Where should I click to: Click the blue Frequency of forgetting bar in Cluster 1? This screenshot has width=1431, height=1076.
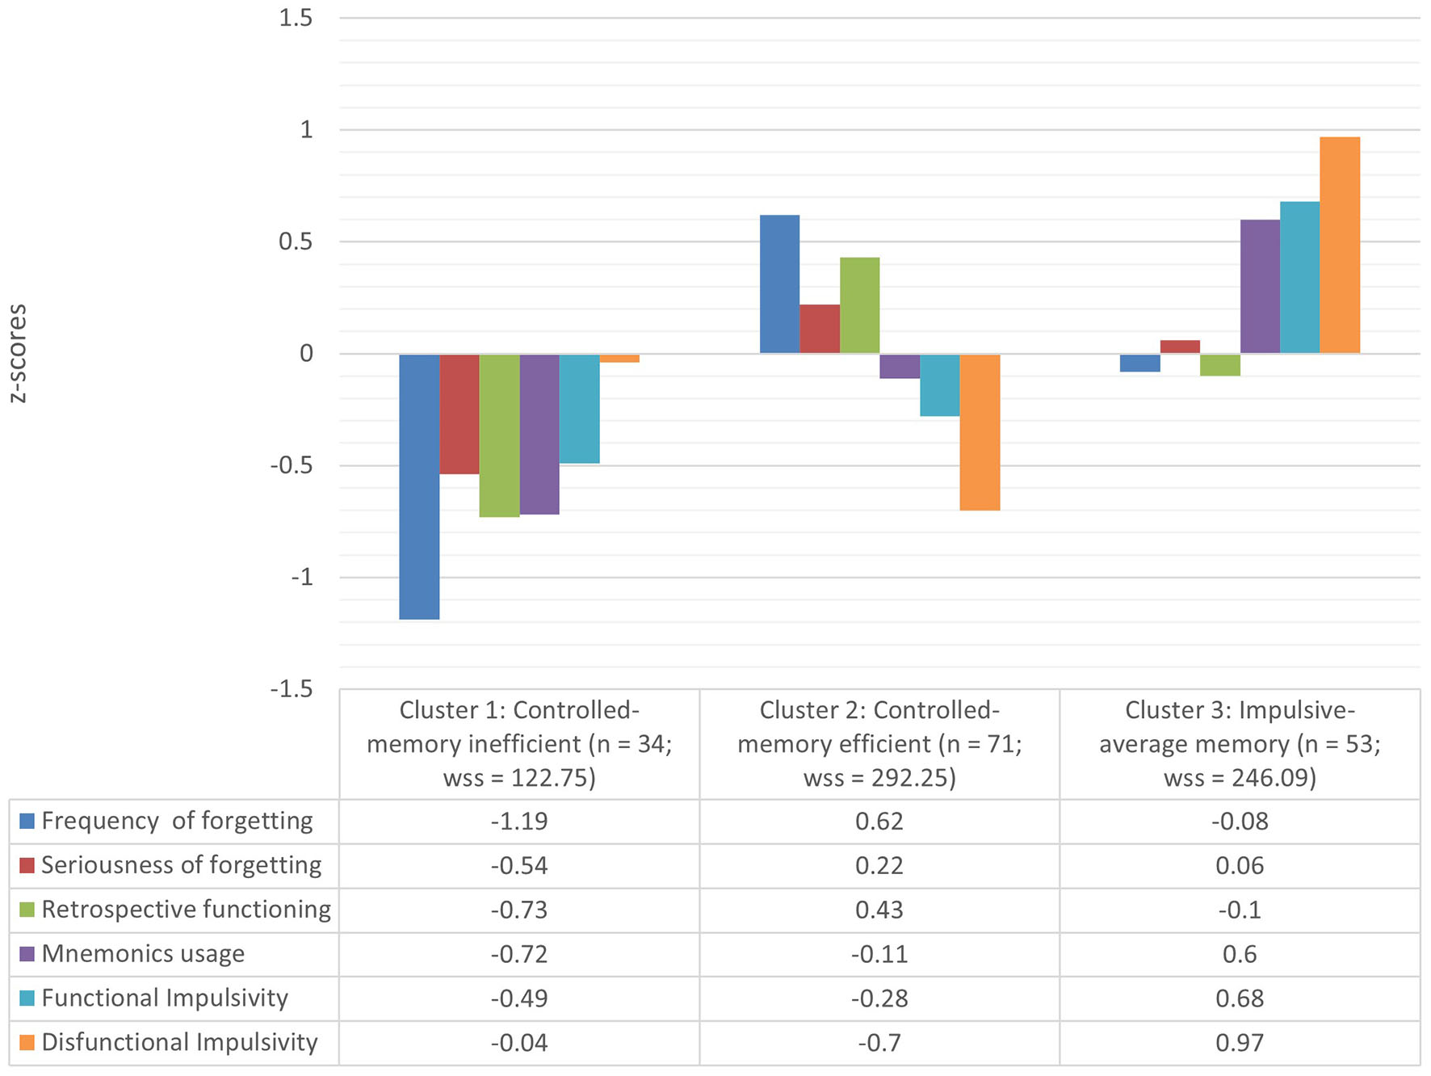[419, 486]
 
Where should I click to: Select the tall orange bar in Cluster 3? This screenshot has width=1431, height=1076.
[1339, 245]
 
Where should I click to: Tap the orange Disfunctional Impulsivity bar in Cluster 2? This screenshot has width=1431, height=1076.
[980, 432]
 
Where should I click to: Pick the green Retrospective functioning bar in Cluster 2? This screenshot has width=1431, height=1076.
[859, 305]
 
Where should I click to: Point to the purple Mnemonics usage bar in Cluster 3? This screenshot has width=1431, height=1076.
[1260, 287]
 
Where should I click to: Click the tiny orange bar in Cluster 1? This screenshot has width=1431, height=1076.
[619, 358]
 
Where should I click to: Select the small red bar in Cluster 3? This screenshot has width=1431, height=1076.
[1180, 347]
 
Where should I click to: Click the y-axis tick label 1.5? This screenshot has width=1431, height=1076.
[296, 18]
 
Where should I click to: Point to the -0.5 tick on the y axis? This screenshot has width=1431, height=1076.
[292, 466]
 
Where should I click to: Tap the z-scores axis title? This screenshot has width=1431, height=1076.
[17, 353]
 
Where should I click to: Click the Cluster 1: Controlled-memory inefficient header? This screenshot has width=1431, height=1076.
[519, 744]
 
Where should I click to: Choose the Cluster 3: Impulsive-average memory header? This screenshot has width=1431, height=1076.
[1240, 744]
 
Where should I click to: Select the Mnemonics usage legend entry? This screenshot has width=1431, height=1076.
[143, 954]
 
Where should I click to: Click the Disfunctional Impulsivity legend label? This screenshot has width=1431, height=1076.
[179, 1042]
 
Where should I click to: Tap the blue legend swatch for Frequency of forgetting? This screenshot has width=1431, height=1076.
[27, 822]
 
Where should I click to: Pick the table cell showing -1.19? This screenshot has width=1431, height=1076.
[519, 822]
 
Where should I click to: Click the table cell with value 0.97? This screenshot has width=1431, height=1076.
[1240, 1042]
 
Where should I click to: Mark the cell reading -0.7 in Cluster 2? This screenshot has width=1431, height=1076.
[879, 1042]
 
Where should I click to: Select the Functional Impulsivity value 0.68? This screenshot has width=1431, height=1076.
[1240, 998]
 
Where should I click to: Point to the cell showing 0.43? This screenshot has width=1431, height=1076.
[879, 910]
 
